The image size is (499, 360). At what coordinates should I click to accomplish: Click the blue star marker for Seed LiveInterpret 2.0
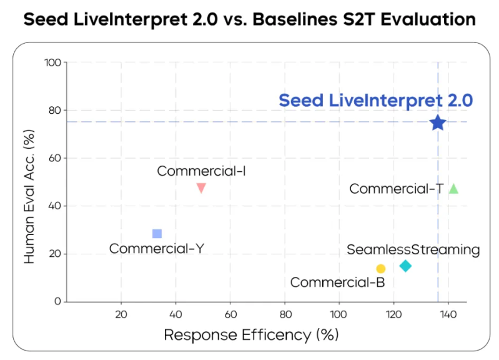click(x=437, y=122)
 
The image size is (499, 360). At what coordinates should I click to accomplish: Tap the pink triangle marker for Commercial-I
click(x=201, y=187)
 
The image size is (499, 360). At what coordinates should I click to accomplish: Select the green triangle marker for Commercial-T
click(x=453, y=189)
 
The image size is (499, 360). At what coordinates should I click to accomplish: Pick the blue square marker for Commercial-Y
click(x=157, y=234)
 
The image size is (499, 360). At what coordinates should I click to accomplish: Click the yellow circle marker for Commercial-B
click(x=381, y=269)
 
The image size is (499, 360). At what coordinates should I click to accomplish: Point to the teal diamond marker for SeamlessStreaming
click(x=405, y=266)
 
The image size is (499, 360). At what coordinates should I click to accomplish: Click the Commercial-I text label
click(x=201, y=171)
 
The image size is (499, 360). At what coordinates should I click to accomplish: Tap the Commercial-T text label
click(x=397, y=189)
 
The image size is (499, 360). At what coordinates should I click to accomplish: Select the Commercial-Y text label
click(x=157, y=249)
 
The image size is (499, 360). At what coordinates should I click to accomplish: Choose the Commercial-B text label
click(x=338, y=282)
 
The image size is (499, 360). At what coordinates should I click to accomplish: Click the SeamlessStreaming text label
click(x=413, y=250)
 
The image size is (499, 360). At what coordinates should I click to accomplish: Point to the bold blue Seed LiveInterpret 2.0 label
click(x=375, y=101)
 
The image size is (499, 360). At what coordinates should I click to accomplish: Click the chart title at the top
click(x=249, y=19)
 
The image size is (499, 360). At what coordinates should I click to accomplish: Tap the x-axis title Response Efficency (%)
click(x=251, y=335)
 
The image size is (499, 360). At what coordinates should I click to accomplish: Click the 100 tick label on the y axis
click(x=52, y=62)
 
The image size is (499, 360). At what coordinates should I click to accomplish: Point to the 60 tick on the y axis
click(x=55, y=158)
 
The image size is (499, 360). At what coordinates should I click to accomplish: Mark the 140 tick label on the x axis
click(x=448, y=313)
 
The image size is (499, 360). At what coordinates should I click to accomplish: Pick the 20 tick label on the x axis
click(x=121, y=313)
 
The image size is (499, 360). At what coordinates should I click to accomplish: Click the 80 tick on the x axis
click(x=285, y=313)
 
